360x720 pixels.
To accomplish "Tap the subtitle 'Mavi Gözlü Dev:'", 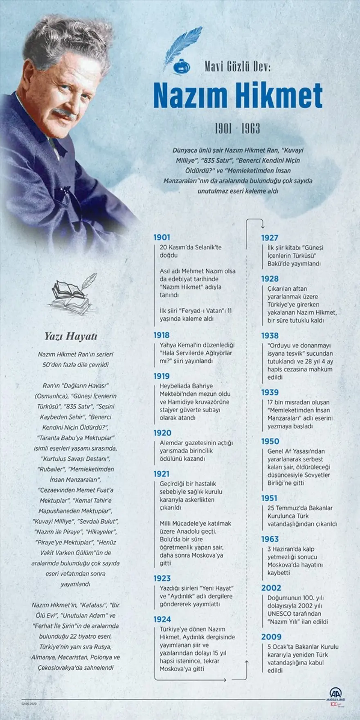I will pos(238,67).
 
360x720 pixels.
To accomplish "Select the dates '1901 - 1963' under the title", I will pos(238,129).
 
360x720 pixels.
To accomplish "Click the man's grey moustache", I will pos(64,112).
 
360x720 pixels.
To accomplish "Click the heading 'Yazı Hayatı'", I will pos(71,336).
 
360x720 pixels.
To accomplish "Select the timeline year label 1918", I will pos(161,335).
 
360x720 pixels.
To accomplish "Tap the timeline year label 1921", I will pos(161,474).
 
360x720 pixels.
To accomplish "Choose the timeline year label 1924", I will pos(162,619).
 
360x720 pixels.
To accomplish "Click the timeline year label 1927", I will pos(270,238).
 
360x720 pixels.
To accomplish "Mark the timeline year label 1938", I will pos(270,336).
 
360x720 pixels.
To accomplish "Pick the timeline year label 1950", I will pos(270,442).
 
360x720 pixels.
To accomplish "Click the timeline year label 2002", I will pos(271,588).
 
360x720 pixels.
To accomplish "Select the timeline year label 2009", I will pos(271,637).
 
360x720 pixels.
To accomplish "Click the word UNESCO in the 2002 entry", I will pos(279,614).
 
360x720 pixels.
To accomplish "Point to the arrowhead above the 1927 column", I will pos(262,226).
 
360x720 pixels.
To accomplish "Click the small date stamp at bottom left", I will pos(29,704).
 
